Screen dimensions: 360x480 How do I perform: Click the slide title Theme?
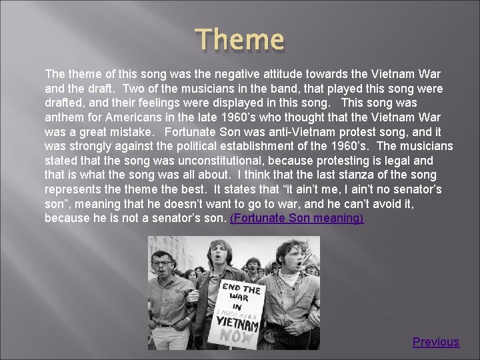[x=241, y=40]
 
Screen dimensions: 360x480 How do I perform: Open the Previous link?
[x=435, y=342]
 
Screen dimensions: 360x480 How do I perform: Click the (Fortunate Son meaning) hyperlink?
[x=297, y=219]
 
